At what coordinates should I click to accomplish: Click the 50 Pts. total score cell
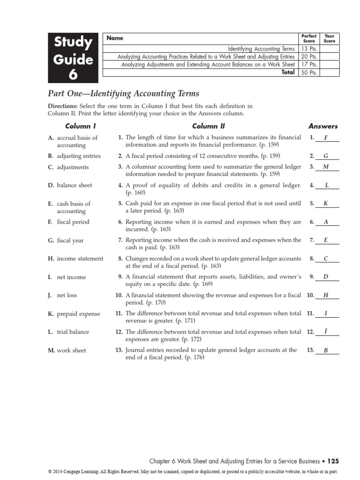tap(309, 72)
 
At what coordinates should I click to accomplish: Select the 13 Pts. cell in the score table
tap(309, 49)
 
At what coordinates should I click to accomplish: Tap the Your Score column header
tap(330, 38)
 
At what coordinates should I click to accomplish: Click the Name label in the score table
tap(115, 38)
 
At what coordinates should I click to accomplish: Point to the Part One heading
tap(124, 94)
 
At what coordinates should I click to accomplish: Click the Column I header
tap(80, 126)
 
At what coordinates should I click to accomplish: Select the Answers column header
tap(322, 126)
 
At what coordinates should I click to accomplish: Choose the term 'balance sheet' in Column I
tap(74, 185)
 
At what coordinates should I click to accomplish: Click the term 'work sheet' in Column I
tap(71, 350)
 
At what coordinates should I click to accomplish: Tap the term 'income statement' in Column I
tap(80, 258)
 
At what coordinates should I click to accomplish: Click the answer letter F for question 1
tap(326, 138)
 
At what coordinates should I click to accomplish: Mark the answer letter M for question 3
tap(326, 167)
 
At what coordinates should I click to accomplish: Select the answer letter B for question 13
tap(326, 350)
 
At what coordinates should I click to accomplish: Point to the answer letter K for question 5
tap(326, 203)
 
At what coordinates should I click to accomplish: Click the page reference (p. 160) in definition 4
tap(135, 193)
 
